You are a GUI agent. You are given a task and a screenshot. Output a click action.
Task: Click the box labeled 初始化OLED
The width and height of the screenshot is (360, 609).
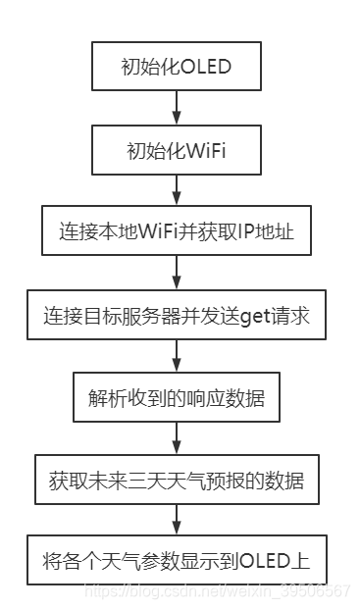[x=176, y=67]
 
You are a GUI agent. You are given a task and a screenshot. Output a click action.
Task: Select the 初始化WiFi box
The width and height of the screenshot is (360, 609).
[x=176, y=151]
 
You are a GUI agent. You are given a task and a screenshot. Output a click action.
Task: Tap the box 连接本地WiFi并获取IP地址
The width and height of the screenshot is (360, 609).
[x=176, y=234]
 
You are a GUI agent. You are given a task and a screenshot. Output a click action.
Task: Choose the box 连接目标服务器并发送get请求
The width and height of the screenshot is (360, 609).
[x=176, y=316]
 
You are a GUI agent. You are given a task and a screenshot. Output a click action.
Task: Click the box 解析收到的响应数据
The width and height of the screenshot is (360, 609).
[x=176, y=399]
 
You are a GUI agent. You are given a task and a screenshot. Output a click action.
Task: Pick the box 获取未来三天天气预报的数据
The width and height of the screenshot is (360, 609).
[x=176, y=482]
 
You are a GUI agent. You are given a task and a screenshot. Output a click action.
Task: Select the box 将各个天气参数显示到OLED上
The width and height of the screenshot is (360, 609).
[x=176, y=564]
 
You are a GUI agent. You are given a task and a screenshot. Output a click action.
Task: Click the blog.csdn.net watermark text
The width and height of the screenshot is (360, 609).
[x=217, y=590]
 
